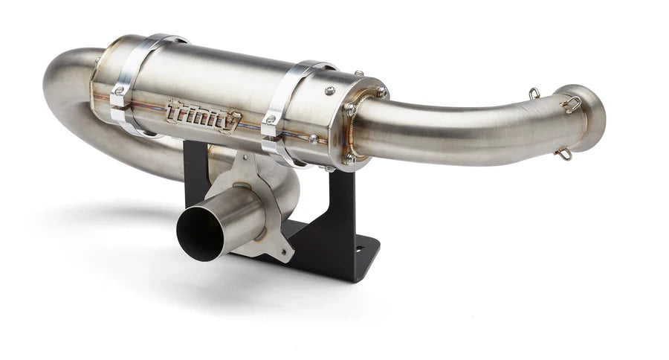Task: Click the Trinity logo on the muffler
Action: tap(203, 116)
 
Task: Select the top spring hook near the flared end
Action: tap(534, 94)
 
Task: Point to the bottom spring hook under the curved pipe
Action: tap(564, 154)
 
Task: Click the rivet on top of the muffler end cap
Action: tap(328, 91)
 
